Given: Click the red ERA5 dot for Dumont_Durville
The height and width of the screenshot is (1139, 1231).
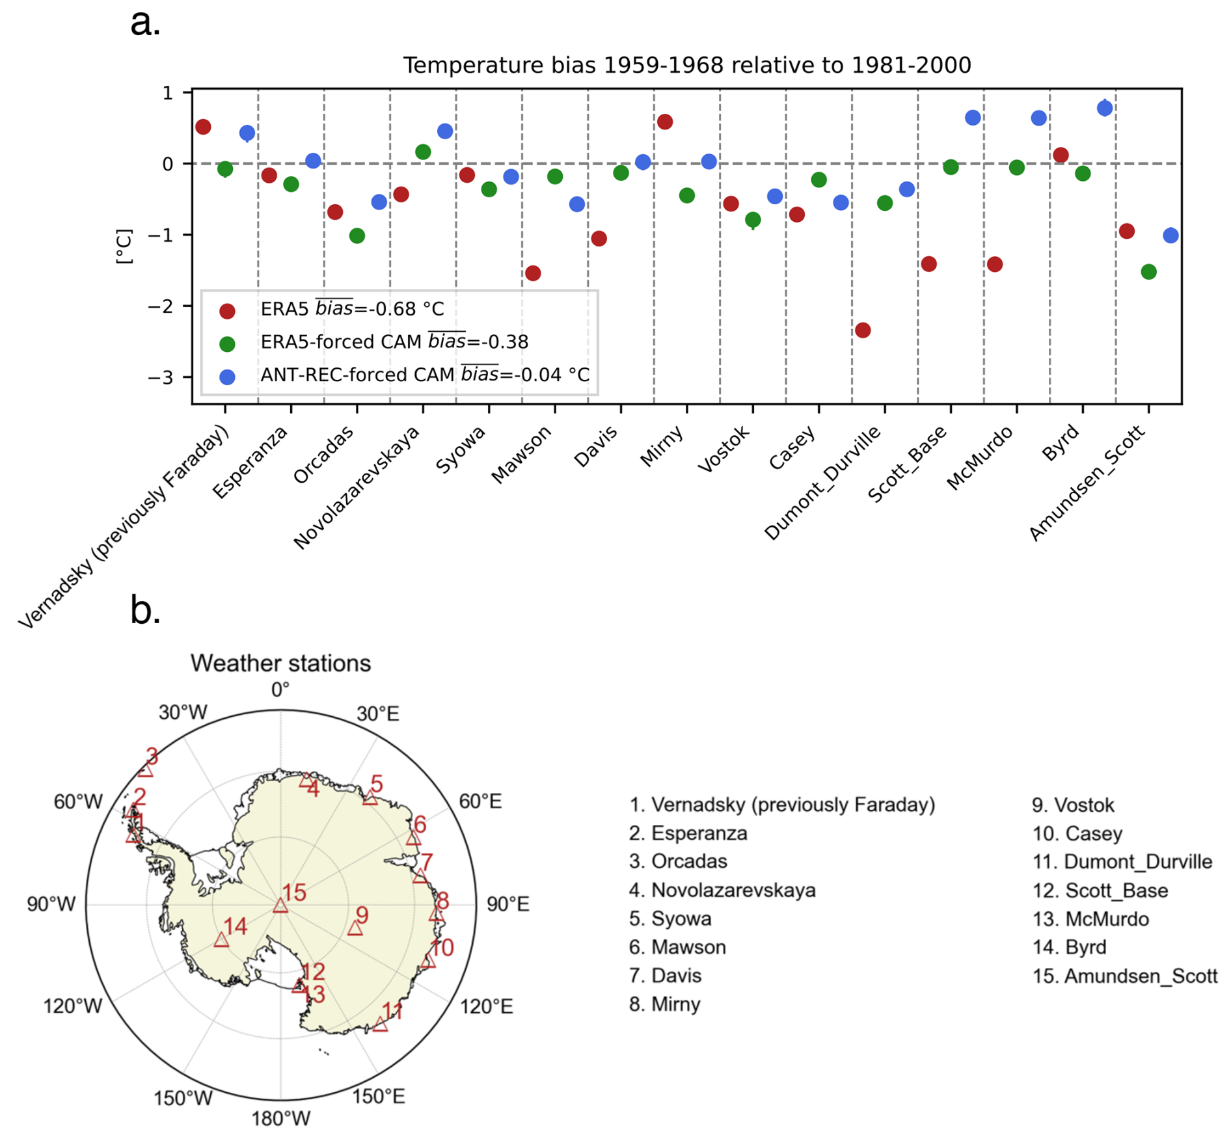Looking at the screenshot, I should tap(862, 330).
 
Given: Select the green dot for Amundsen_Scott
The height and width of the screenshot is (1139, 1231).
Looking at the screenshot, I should tap(1148, 272).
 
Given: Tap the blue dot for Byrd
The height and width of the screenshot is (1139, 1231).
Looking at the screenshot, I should tap(1104, 109).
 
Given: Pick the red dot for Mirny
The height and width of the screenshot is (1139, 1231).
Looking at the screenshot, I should tap(664, 122).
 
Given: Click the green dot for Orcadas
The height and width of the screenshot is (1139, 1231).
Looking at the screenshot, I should tap(357, 236).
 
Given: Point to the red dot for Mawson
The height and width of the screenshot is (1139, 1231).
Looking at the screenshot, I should tap(533, 273).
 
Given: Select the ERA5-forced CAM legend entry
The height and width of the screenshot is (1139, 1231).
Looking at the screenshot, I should tap(394, 342).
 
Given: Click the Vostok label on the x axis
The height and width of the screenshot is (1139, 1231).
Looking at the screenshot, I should tap(724, 449).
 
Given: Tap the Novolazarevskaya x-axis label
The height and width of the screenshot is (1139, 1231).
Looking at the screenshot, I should tap(357, 488).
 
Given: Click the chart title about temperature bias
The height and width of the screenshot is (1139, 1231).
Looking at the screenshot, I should tap(686, 66).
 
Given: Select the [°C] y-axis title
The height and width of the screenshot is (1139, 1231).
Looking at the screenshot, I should tap(124, 247).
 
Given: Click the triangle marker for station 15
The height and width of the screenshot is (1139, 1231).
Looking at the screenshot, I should tap(280, 905).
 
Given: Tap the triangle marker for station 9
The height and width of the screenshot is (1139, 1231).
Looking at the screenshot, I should tap(355, 928).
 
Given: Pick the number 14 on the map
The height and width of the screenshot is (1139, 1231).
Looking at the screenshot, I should tap(236, 926).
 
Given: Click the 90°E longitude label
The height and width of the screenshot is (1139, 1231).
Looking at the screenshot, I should tap(507, 905).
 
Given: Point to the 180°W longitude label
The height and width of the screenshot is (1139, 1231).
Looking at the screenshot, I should tap(280, 1118).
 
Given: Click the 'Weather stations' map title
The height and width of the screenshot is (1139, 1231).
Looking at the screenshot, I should tap(280, 663).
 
